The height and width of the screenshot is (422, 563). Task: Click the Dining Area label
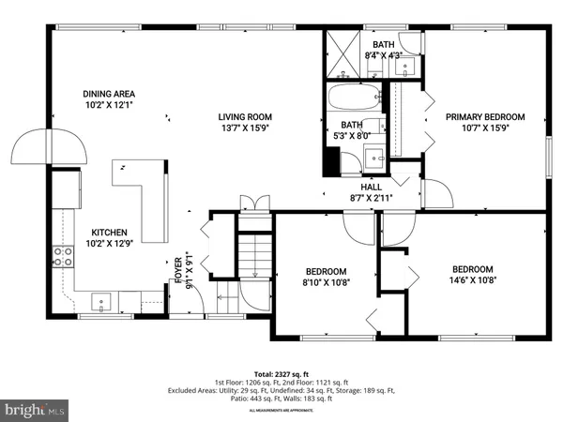point(110,94)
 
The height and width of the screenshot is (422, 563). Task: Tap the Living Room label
point(245,117)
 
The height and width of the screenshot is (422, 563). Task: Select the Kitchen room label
point(109,233)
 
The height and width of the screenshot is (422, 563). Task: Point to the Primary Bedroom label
point(484,117)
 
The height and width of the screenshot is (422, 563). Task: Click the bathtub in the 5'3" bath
point(353,98)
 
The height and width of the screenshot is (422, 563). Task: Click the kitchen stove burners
point(64,257)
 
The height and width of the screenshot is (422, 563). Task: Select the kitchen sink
point(102,301)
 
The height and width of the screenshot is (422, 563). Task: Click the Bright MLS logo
point(35,409)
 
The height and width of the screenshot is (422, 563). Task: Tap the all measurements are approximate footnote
point(281,411)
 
